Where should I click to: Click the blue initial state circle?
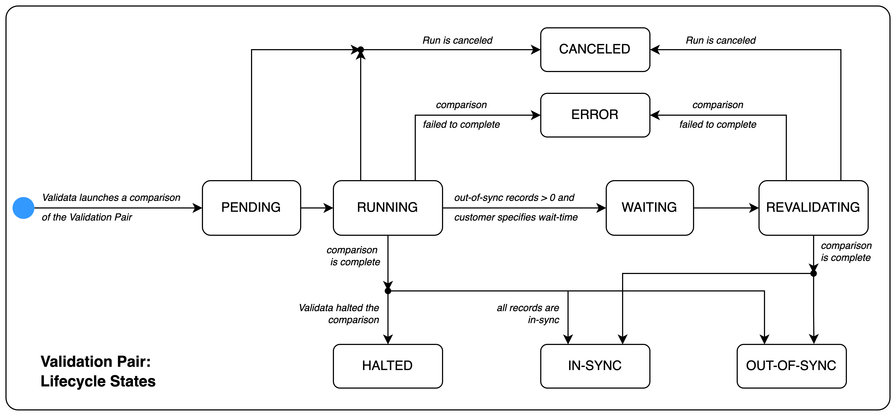23,208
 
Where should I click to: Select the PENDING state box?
251,208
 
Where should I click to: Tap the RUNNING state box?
387,208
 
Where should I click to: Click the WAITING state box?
649,208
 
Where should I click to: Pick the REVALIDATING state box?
813,208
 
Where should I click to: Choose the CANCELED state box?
595,49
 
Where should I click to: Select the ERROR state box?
595,115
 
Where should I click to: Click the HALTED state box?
387,366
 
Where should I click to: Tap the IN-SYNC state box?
595,366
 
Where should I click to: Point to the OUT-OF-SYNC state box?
791,366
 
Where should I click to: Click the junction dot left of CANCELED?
361,50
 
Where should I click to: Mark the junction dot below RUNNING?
388,291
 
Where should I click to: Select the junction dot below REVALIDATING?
813,273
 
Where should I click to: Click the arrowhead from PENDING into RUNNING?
328,208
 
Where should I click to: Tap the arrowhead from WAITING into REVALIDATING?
753,208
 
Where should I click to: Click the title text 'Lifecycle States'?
98,381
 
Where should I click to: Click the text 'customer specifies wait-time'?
516,217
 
